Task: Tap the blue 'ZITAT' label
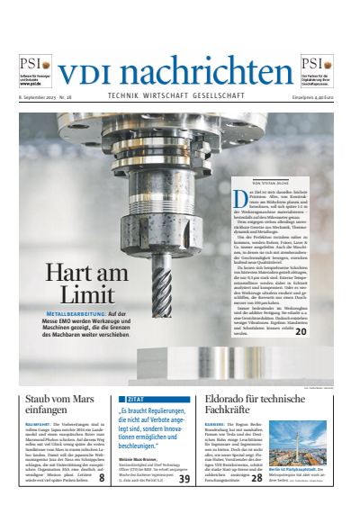coord(138,397)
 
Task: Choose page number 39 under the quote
coord(184,480)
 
